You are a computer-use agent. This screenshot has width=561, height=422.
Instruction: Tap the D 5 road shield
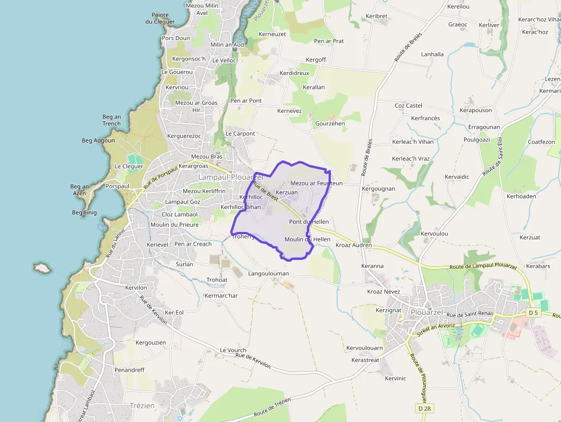tap(534, 313)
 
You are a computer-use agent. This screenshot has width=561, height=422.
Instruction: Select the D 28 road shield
tap(424, 408)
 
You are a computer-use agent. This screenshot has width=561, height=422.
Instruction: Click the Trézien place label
tap(142, 405)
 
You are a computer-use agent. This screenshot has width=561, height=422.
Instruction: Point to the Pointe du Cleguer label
tap(160, 18)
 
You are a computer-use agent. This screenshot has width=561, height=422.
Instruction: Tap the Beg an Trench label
tap(112, 120)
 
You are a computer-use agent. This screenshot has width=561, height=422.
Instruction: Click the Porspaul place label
tap(118, 186)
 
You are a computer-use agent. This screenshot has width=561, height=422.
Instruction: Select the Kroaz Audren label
tap(353, 246)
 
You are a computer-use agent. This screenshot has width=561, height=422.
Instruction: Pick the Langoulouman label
tap(268, 274)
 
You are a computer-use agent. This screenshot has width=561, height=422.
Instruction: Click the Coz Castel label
tap(409, 105)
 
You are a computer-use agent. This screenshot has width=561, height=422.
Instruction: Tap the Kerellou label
tap(458, 6)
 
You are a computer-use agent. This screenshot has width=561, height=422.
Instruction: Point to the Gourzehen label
tap(330, 123)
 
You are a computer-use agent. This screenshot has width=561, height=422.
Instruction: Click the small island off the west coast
tap(41, 267)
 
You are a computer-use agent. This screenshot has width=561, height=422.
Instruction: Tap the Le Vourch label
tap(233, 350)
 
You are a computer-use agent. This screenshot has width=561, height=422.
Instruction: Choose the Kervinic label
tap(396, 378)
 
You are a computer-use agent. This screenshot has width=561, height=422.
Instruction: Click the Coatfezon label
tap(541, 142)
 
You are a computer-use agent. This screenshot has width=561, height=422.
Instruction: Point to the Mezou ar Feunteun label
tap(317, 183)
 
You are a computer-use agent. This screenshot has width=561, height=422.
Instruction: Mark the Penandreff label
tap(129, 370)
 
